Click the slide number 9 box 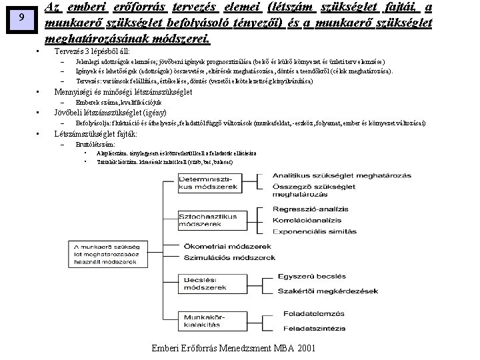point(23,19)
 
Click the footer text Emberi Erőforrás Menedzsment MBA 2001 point(233,349)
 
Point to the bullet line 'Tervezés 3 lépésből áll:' point(92,51)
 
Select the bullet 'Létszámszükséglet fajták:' point(95,133)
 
